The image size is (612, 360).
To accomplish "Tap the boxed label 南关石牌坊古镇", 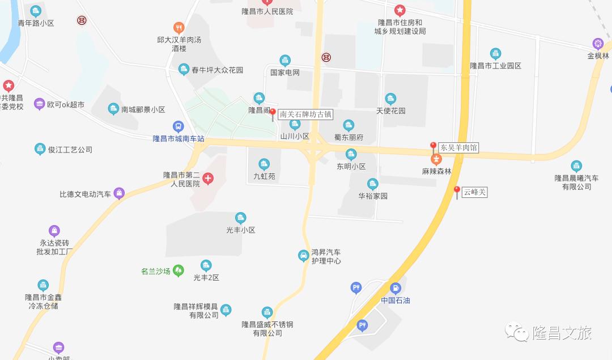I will [x=305, y=114].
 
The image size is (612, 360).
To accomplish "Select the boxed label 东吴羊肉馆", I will [x=459, y=147].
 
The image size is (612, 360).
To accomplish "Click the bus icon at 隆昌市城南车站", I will [x=178, y=126].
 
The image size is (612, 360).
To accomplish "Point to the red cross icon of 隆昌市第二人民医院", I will [x=208, y=179].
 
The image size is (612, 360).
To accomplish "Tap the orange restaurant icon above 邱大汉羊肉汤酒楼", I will [x=178, y=27].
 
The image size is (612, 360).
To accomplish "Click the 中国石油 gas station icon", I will [x=395, y=288].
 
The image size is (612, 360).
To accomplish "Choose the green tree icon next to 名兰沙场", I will [x=178, y=270].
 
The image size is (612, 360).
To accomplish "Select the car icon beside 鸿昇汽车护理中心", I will [x=303, y=256].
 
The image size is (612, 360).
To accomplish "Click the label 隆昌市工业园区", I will [x=495, y=66].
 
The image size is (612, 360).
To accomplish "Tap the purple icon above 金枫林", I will [x=597, y=43].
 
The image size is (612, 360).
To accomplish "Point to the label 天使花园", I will [x=391, y=111].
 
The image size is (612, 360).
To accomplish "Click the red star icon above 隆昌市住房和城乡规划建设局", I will [x=399, y=10].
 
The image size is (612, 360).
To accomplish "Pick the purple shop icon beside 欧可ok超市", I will [x=39, y=104].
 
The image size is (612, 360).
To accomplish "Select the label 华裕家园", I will [x=372, y=196].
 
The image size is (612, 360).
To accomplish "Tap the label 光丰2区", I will [x=206, y=278].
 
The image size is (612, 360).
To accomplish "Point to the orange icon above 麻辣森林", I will [x=436, y=158].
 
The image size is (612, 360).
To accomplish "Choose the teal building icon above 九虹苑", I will [x=263, y=164].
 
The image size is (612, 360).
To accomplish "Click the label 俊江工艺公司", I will [x=70, y=150].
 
